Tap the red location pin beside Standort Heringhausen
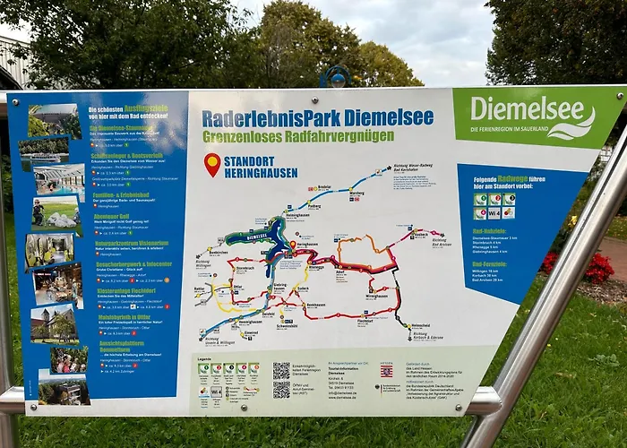pyautogui.click(x=212, y=164)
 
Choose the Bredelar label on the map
pyautogui.click(x=323, y=187)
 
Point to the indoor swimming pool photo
pyautogui.click(x=58, y=180)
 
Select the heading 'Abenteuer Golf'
pyautogui.click(x=109, y=215)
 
